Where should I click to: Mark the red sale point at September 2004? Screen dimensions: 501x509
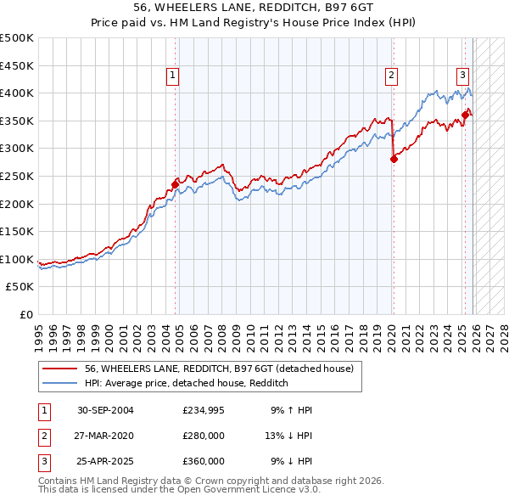176,183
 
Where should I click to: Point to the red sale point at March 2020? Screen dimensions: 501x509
394,159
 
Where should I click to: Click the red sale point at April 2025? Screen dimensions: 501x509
465,115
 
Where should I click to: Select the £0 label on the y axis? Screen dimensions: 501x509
25,314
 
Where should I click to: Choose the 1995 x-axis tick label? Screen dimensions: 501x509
39,331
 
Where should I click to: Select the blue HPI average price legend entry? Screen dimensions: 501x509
187,383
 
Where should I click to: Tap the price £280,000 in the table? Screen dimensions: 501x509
204,436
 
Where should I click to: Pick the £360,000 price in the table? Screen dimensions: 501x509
204,461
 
